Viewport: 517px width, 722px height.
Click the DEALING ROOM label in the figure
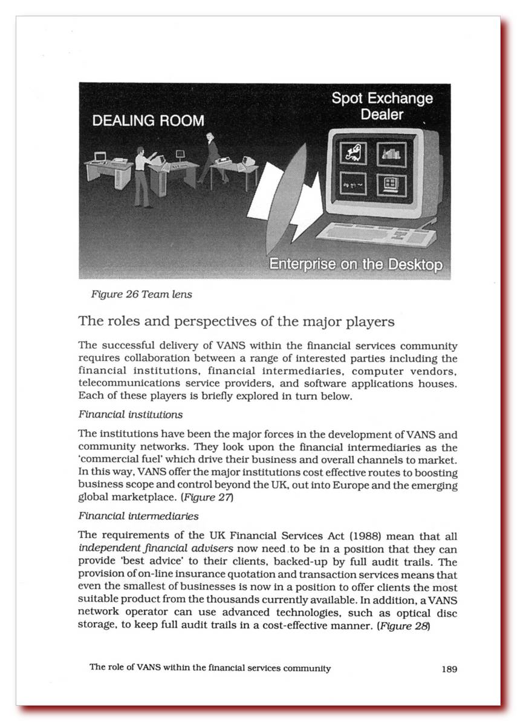coord(148,120)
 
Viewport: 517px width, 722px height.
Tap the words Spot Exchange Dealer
coord(382,106)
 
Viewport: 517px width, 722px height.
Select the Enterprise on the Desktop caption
coord(356,265)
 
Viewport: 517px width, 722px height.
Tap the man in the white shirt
coord(142,175)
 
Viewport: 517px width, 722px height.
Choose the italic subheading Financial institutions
coord(131,415)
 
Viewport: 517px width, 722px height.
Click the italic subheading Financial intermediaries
coord(138,517)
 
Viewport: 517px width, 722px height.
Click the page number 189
coord(449,669)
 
